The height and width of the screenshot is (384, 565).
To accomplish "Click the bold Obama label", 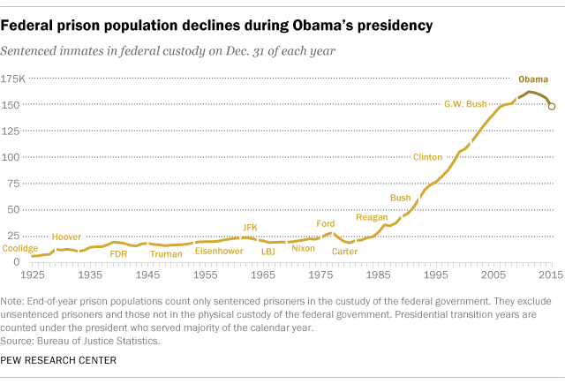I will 532,79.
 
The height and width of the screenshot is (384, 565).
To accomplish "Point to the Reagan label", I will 372,216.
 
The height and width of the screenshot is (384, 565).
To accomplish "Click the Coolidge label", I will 21,249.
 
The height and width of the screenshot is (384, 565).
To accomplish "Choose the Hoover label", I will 66,237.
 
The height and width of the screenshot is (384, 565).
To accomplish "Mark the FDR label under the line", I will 117,253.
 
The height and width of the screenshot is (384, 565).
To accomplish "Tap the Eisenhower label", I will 218,251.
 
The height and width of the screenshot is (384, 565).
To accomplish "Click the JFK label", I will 250,228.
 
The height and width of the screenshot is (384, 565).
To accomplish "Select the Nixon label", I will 303,249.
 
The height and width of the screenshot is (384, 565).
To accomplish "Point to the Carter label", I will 344,252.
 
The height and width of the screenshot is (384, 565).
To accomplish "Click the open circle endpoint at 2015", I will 552,106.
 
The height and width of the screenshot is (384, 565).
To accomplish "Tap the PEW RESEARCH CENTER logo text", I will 64,360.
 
